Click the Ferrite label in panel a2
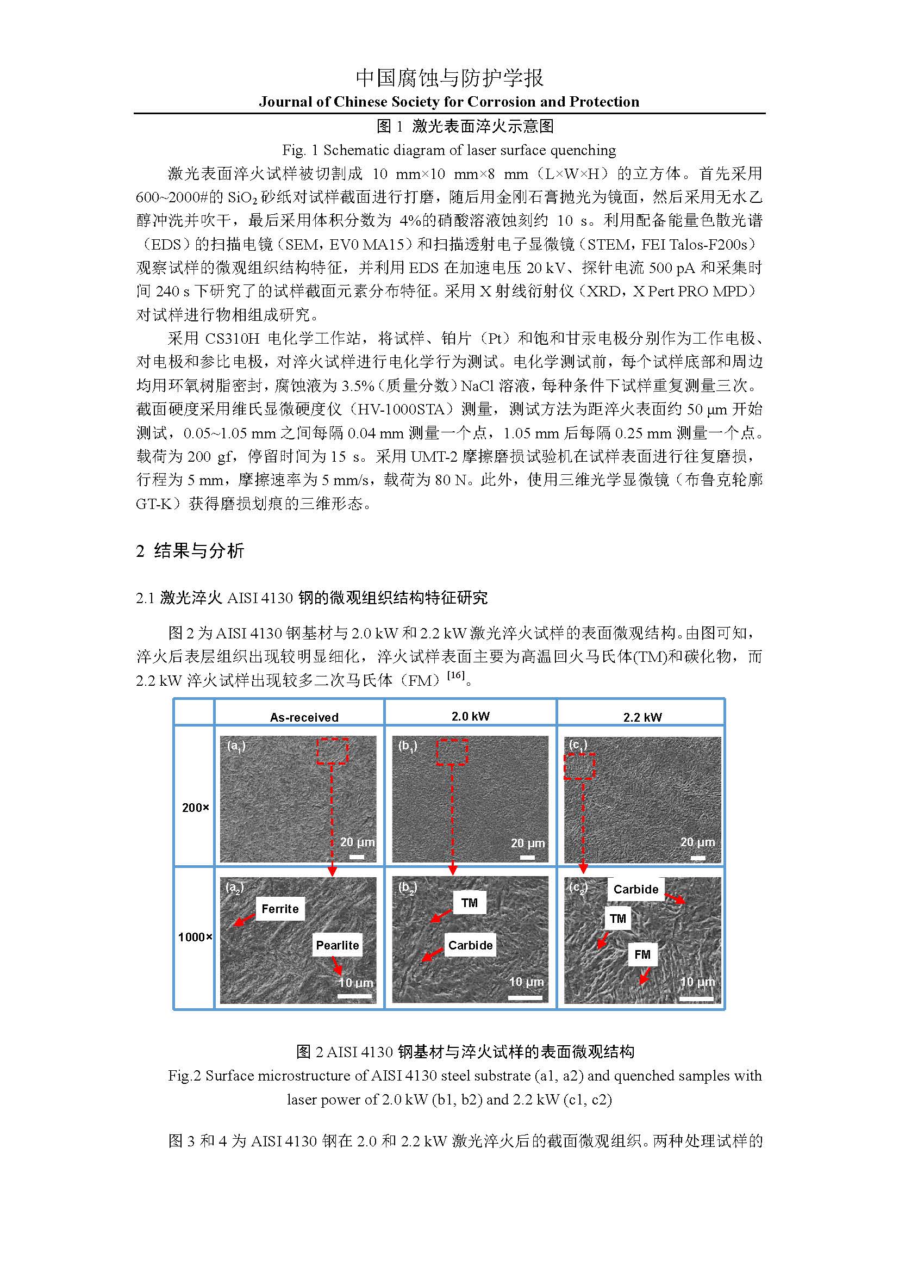(x=280, y=909)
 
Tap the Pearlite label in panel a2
(x=337, y=945)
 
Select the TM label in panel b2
(x=470, y=903)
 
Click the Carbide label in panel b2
(x=470, y=945)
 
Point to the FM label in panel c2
(x=642, y=954)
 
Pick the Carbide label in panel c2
(x=635, y=889)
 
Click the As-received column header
(x=304, y=717)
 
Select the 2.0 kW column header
(x=471, y=716)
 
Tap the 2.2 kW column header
(x=642, y=717)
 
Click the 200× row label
(x=196, y=808)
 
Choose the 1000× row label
(x=195, y=937)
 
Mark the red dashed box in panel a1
(x=332, y=750)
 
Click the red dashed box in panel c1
(x=579, y=766)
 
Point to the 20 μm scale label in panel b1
(x=528, y=842)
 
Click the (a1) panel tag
(x=236, y=746)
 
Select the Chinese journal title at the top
(x=449, y=78)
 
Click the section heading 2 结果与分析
(x=190, y=551)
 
